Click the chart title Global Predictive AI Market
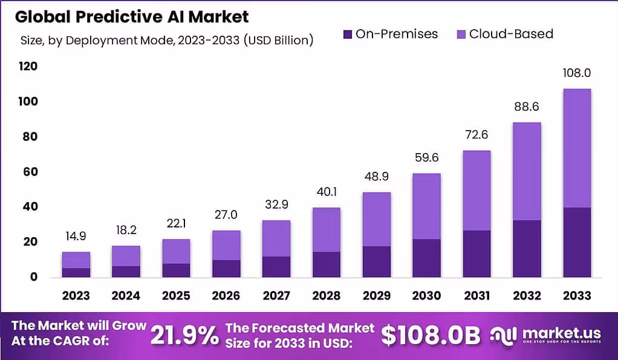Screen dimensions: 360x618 point(132,16)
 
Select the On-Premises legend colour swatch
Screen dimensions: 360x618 point(347,34)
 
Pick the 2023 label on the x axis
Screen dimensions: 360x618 point(76,296)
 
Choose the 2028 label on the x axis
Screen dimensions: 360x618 point(326,296)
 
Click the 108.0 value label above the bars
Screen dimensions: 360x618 point(576,73)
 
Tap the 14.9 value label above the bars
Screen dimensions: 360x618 point(76,236)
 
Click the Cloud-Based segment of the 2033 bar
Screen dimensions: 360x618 point(576,148)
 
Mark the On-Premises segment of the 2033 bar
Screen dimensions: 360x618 point(576,242)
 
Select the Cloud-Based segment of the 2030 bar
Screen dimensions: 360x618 point(426,206)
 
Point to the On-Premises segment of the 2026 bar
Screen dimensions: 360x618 point(226,268)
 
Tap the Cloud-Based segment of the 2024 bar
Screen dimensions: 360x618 point(126,255)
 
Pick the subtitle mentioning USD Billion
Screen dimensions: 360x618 point(167,41)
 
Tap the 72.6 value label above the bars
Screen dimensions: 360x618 point(477,135)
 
